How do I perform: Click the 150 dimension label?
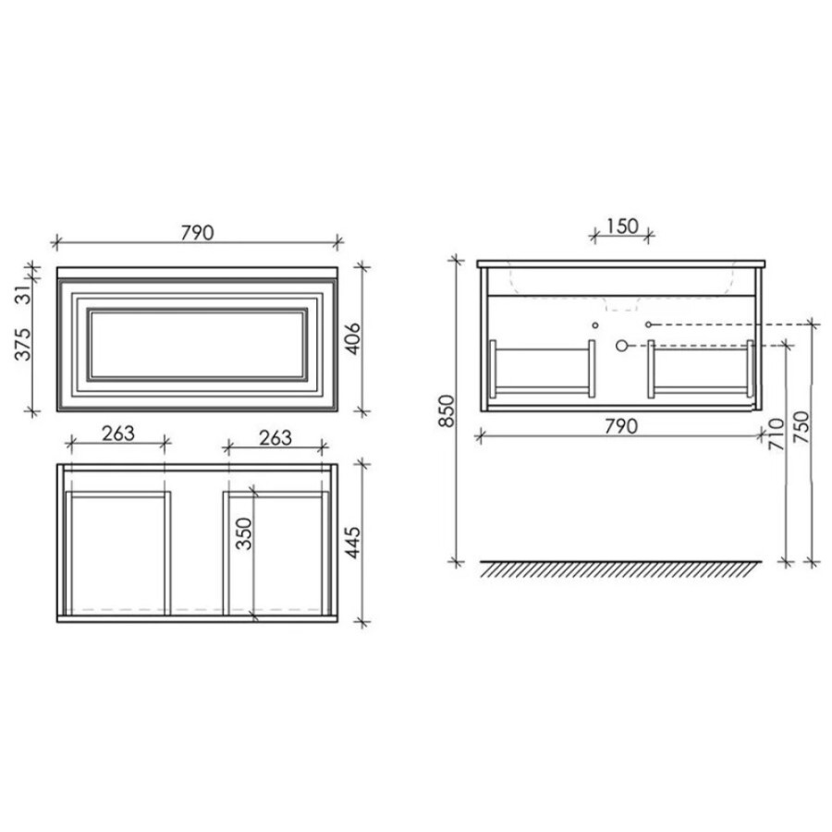coord(622,226)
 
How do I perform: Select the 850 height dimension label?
coord(447,411)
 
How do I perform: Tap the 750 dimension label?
coord(801,428)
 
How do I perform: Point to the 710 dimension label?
coord(777,434)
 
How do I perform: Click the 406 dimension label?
coord(353,338)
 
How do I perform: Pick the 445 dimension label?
coord(353,543)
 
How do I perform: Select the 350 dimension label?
coord(243,533)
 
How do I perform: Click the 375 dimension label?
coord(23,345)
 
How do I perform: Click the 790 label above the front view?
coord(198,232)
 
